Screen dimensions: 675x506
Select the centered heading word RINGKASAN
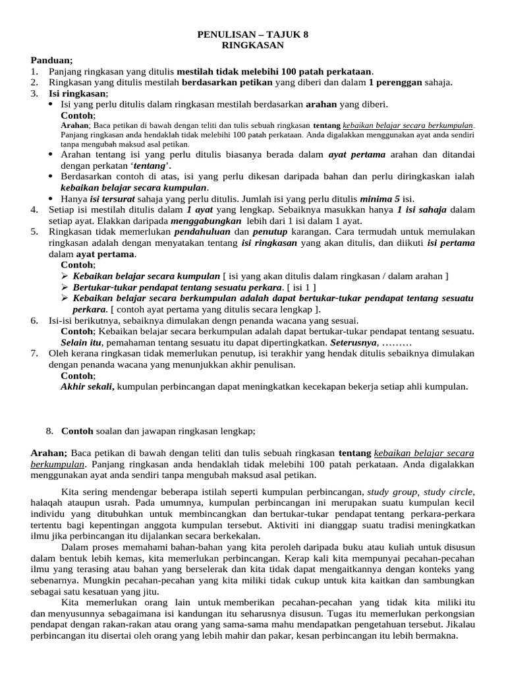pos(252,45)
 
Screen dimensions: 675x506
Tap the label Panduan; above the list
pos(52,60)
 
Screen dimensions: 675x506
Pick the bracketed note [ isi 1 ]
pos(301,287)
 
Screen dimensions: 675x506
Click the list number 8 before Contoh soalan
pos(49,431)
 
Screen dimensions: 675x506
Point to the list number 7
pos(34,354)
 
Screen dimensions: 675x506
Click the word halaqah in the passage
pos(49,502)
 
